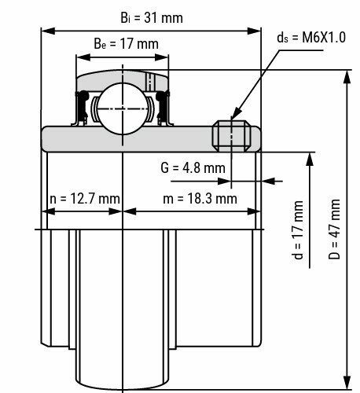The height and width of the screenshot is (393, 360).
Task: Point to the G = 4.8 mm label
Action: click(x=193, y=167)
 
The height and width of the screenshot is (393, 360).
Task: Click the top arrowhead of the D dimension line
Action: click(x=347, y=74)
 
